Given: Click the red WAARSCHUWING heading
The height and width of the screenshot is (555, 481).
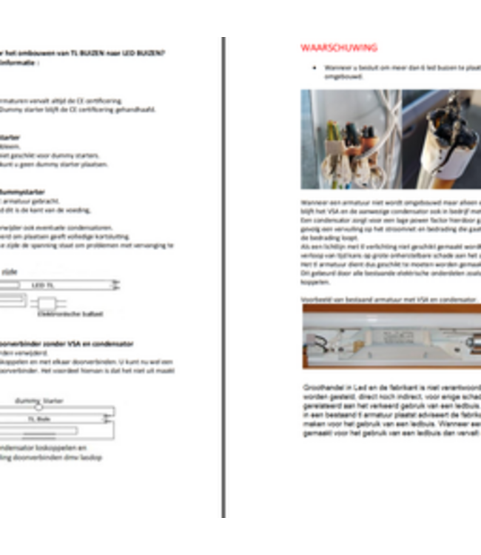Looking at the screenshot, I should click(x=339, y=48).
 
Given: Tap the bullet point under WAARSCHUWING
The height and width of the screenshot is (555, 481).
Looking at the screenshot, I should click(x=316, y=67).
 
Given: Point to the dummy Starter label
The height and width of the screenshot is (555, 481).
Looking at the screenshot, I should click(x=39, y=400).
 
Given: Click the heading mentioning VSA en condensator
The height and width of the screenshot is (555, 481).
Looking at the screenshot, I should click(x=67, y=344).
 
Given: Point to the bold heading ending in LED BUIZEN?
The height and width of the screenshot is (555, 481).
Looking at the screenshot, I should click(x=81, y=53).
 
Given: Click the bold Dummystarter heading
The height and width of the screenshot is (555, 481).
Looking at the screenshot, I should click(x=22, y=191).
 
